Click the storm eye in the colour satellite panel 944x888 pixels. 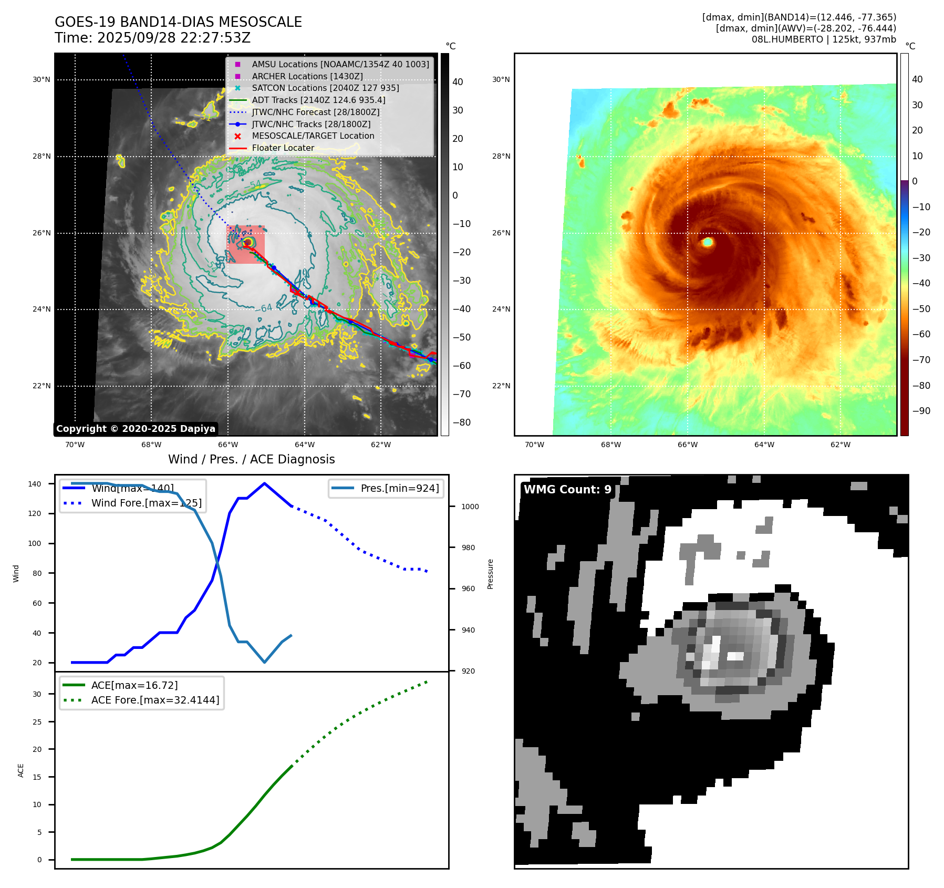pyautogui.click(x=707, y=242)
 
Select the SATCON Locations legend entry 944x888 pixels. pyautogui.click(x=325, y=88)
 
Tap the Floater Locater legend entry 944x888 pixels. pyautogui.click(x=283, y=148)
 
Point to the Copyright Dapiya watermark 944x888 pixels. pyautogui.click(x=136, y=429)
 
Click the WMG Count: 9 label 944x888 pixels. pyautogui.click(x=567, y=490)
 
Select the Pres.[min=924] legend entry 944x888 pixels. pyautogui.click(x=399, y=488)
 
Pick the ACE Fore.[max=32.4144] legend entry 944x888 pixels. pyautogui.click(x=155, y=700)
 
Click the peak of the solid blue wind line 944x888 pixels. pyautogui.click(x=264, y=483)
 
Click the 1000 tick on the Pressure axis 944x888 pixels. pyautogui.click(x=470, y=507)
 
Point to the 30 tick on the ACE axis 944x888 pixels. pyautogui.click(x=37, y=694)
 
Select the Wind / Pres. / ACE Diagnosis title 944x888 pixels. pyautogui.click(x=251, y=459)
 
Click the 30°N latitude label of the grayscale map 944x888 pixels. pyautogui.click(x=42, y=80)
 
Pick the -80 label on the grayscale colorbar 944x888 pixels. pyautogui.click(x=462, y=422)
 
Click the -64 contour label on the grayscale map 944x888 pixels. pyautogui.click(x=266, y=308)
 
